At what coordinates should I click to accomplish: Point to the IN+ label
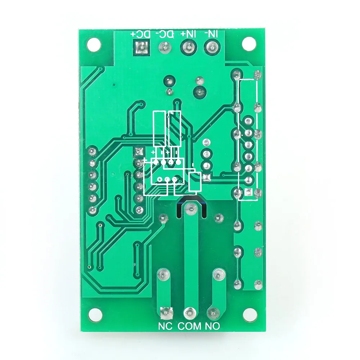[188, 34]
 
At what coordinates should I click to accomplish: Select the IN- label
[211, 34]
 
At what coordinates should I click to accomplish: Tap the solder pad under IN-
[211, 47]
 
